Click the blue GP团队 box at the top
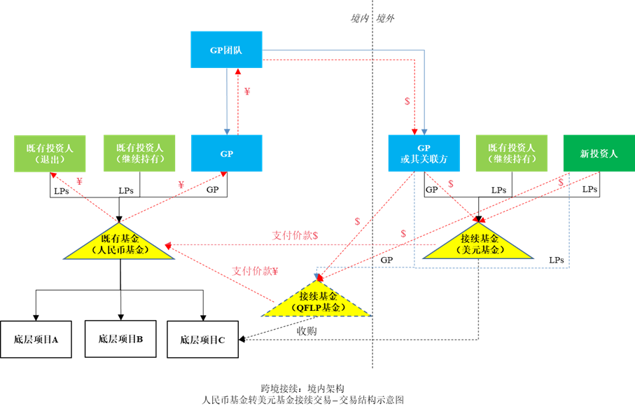tap(226, 50)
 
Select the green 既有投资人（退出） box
tap(50, 153)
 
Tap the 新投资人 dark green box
tap(599, 153)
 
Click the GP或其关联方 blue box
tap(424, 153)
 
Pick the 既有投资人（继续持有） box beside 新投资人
tap(511, 153)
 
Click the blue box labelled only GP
tap(226, 153)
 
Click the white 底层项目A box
tap(36, 340)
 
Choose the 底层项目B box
tap(120, 339)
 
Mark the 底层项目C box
tap(202, 340)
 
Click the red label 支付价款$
tap(295, 235)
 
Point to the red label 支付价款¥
tap(255, 271)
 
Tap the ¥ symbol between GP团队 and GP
tap(246, 92)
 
